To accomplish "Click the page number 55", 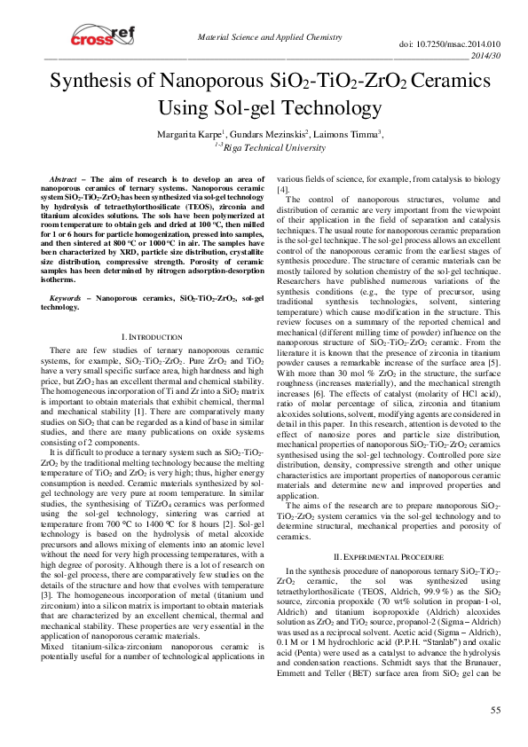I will coord(496,710).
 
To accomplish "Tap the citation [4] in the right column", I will coord(284,190).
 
